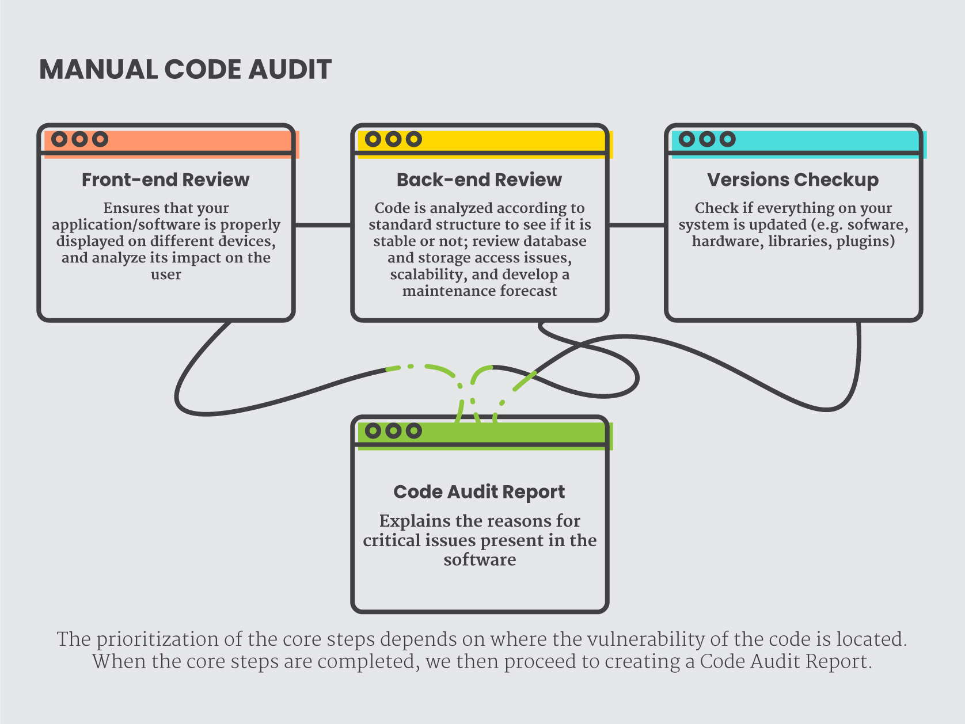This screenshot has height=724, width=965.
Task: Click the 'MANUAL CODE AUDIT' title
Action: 185,70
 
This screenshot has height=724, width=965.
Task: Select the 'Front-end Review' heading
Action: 165,180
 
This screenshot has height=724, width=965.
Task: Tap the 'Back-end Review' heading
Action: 479,180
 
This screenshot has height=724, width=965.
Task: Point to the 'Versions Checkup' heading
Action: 793,180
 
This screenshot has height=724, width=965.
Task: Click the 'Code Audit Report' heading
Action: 479,492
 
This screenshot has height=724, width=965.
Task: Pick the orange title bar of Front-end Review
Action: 172,144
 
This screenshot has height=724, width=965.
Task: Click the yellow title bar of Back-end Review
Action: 485,144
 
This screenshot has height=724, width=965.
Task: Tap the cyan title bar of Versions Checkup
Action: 799,144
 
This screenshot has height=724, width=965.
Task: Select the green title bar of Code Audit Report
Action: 485,436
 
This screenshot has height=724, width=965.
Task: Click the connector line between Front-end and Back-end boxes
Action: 323,225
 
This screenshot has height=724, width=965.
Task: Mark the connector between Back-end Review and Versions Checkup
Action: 637,225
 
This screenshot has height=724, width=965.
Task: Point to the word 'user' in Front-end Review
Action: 166,275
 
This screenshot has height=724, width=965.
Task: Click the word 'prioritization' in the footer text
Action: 157,639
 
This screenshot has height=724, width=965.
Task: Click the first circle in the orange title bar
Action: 59,139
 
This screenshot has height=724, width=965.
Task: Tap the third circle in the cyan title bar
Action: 727,139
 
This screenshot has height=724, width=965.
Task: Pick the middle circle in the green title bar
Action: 393,430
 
